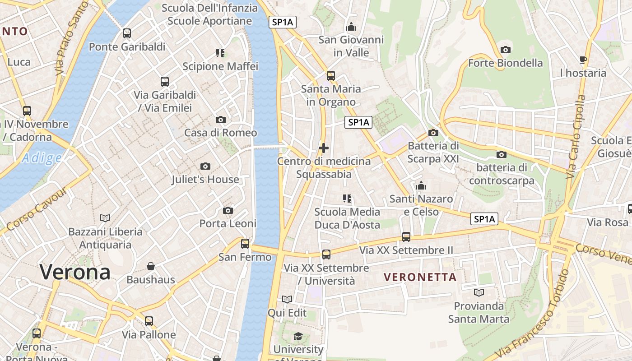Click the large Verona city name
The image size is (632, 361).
[75, 272]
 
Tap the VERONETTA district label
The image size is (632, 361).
[420, 277]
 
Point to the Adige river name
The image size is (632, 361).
[42, 158]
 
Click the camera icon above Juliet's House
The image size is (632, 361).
[205, 167]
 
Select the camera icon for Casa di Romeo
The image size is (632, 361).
[221, 120]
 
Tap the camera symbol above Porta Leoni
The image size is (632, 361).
[228, 211]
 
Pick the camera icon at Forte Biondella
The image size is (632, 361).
[506, 50]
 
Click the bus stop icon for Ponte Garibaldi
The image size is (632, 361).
[127, 33]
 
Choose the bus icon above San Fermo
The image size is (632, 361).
[245, 244]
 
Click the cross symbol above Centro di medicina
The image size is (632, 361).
[323, 148]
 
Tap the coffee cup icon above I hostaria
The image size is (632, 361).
[583, 60]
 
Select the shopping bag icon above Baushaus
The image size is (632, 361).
[151, 266]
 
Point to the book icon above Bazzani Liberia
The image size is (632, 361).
[105, 218]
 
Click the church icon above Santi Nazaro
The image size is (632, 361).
[421, 185]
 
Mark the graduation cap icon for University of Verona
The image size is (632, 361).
[298, 336]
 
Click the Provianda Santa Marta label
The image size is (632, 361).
[479, 312]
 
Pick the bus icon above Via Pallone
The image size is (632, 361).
[149, 321]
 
